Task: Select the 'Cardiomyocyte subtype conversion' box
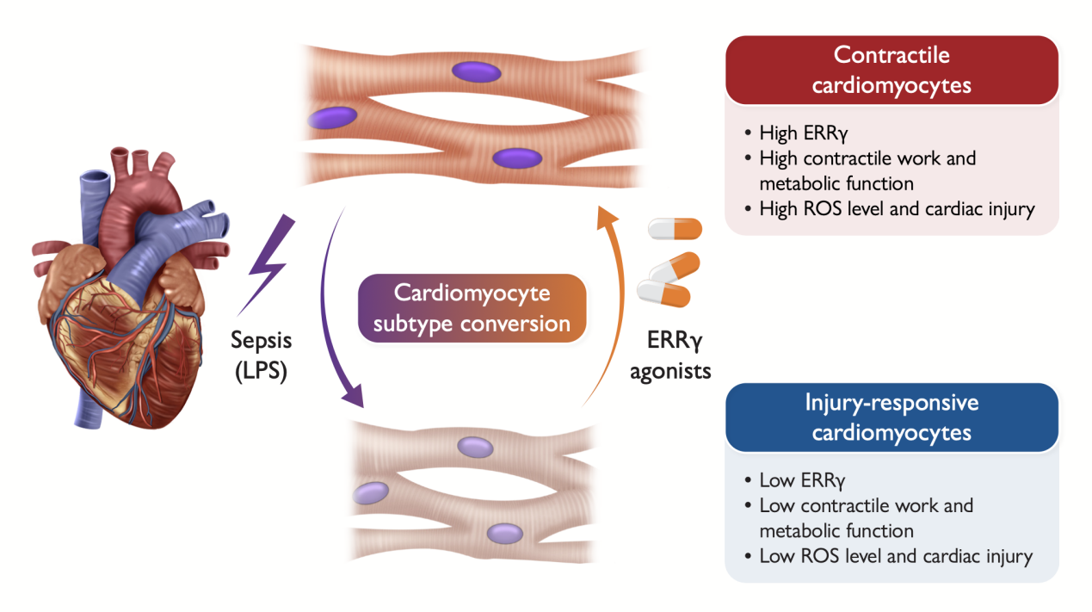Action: pos(472,308)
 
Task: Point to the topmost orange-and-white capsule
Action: pos(675,229)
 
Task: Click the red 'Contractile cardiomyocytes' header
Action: pos(891,71)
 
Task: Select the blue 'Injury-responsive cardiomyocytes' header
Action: pos(891,417)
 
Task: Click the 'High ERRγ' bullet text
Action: pos(804,133)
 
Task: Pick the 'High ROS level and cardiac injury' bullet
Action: pos(896,208)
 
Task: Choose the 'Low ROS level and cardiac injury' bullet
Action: pos(895,555)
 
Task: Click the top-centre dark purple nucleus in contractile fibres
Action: pos(475,72)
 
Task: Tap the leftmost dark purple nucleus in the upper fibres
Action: pos(334,117)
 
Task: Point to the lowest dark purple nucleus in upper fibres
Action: pos(517,158)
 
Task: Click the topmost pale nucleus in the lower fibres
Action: pos(474,448)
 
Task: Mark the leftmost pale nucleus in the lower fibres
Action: pos(371,491)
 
